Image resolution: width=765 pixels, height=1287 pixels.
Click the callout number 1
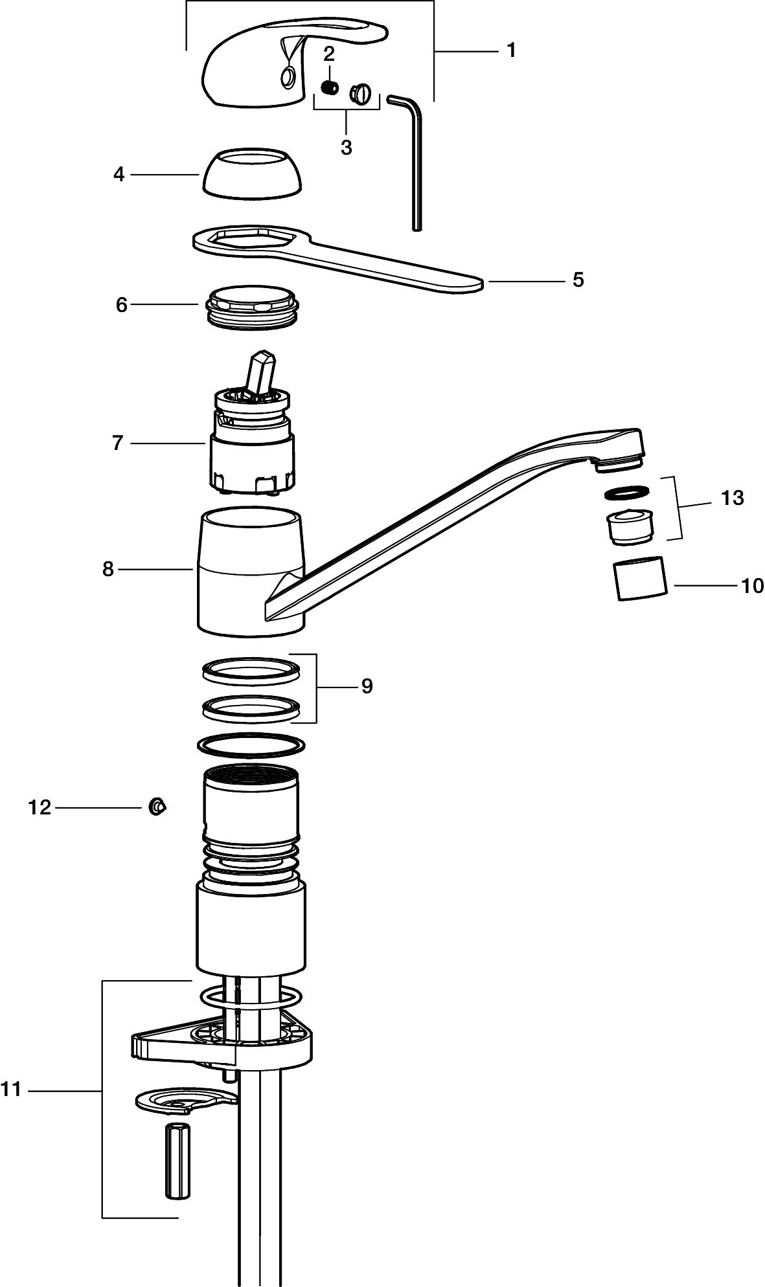tap(511, 50)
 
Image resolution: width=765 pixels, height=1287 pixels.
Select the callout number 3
tap(347, 147)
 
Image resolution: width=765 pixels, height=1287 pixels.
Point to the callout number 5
tap(578, 280)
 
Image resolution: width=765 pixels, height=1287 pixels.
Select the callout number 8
tap(108, 569)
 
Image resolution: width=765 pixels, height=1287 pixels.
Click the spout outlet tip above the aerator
tap(619, 460)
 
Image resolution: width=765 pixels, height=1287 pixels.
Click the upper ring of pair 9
tap(251, 669)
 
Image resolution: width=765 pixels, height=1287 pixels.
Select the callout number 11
tap(11, 1090)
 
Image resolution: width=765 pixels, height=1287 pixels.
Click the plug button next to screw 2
tap(359, 94)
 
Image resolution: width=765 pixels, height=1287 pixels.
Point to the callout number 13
tap(732, 498)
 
